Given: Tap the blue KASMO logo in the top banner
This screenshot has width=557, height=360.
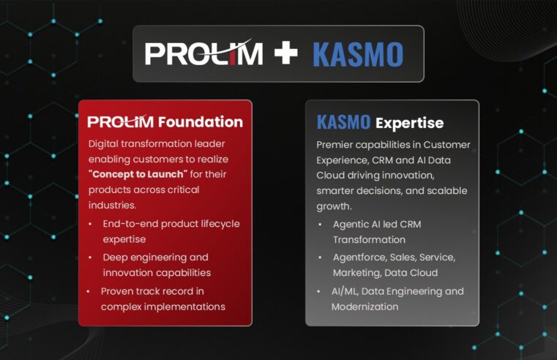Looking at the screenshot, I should pos(358,54).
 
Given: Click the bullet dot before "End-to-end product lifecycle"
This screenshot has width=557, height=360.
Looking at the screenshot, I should pos(91,223).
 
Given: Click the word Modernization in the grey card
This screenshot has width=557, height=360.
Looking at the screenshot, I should pos(365,307).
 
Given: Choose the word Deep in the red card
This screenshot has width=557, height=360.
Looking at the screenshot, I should pos(115,257).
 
